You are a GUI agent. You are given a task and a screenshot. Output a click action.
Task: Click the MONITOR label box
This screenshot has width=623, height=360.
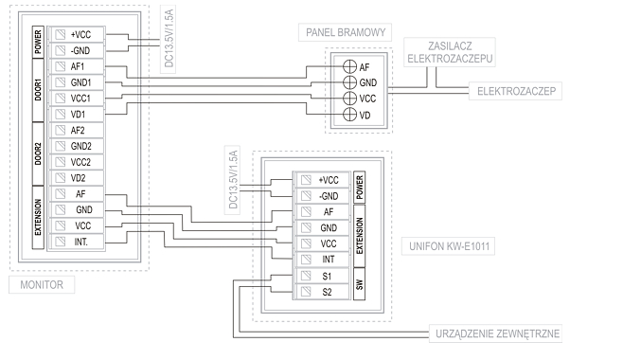pyautogui.click(x=42, y=285)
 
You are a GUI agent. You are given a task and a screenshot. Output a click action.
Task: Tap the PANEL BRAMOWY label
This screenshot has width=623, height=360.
pyautogui.click(x=346, y=32)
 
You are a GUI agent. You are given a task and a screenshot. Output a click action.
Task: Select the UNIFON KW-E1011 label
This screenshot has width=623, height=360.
pyautogui.click(x=449, y=246)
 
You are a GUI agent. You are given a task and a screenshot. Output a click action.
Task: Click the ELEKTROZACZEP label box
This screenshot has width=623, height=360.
pyautogui.click(x=516, y=91)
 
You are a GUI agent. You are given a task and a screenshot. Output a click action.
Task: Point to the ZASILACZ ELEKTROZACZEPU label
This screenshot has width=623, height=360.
pyautogui.click(x=450, y=52)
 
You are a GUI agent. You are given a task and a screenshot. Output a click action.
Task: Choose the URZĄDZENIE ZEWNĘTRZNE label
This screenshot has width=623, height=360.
pyautogui.click(x=497, y=333)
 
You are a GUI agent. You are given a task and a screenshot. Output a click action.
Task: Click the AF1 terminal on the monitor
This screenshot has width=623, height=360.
pyautogui.click(x=77, y=66)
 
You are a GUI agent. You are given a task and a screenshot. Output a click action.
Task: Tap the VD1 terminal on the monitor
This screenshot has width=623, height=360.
pyautogui.click(x=77, y=115)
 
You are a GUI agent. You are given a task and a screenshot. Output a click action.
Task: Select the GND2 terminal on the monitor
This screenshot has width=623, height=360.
pyautogui.click(x=77, y=146)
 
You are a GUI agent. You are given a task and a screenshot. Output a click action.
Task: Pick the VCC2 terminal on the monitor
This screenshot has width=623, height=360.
pyautogui.click(x=77, y=162)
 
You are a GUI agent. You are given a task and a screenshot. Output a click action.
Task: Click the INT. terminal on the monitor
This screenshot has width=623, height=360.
pyautogui.click(x=77, y=242)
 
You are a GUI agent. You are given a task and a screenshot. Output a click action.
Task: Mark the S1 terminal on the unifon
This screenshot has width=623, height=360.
pyautogui.click(x=322, y=276)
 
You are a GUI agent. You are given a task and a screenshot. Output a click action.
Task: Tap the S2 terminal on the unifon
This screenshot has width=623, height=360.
pyautogui.click(x=322, y=292)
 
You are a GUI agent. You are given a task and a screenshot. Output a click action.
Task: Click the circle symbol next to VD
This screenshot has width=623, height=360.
pyautogui.click(x=349, y=115)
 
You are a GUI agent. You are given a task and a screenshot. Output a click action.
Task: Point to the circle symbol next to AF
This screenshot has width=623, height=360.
pyautogui.click(x=349, y=66)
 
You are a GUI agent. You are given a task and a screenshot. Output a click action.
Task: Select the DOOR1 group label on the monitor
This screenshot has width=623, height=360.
pyautogui.click(x=38, y=90)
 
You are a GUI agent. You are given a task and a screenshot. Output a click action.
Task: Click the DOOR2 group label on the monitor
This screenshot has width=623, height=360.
pyautogui.click(x=38, y=153)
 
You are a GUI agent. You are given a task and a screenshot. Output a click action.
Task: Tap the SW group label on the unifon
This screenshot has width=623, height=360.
pyautogui.click(x=359, y=284)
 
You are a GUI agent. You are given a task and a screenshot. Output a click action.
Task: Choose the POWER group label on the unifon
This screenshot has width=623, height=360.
pyautogui.click(x=359, y=188)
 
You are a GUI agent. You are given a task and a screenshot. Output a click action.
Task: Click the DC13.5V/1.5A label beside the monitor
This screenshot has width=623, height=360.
pyautogui.click(x=169, y=40)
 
